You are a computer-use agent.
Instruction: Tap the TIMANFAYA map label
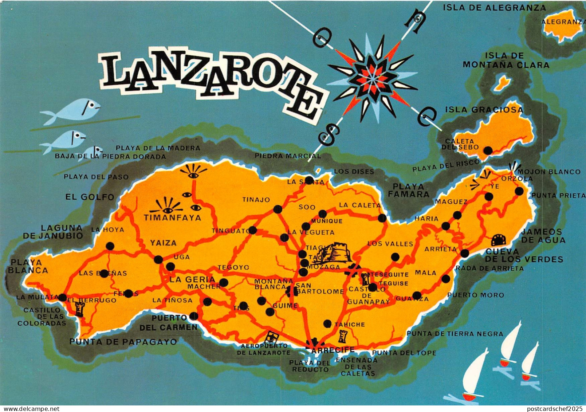(173, 218)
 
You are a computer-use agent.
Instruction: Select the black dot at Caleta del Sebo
(488, 150)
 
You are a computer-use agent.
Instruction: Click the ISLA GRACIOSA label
(484, 110)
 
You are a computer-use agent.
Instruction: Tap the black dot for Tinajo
(278, 209)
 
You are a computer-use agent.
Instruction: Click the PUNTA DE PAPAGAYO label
(123, 342)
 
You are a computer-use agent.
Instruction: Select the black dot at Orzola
(519, 191)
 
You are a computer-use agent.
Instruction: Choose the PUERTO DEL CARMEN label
(169, 322)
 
